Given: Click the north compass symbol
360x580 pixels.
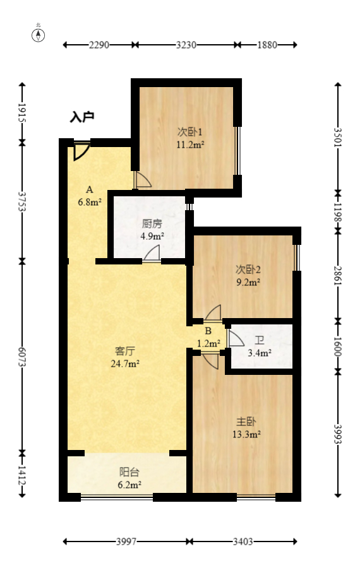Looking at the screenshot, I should [x=39, y=34].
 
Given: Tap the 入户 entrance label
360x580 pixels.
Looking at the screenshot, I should [x=82, y=117].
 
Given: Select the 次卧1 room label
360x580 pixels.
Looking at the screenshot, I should [x=189, y=132].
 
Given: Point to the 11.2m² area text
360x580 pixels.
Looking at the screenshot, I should [x=189, y=144].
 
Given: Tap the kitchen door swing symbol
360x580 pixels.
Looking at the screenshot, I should [x=152, y=254].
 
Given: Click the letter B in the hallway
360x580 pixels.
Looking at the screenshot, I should [x=208, y=331].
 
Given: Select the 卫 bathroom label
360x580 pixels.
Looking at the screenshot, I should [x=260, y=341].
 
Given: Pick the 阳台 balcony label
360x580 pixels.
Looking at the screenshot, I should [x=129, y=472].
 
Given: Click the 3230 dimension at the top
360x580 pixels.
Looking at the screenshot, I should [x=186, y=45].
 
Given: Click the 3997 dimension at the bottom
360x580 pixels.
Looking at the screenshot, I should [x=126, y=542].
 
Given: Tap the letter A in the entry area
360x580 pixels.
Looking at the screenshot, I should [x=90, y=189].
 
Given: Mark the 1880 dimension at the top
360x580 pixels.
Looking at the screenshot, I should [x=268, y=45].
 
